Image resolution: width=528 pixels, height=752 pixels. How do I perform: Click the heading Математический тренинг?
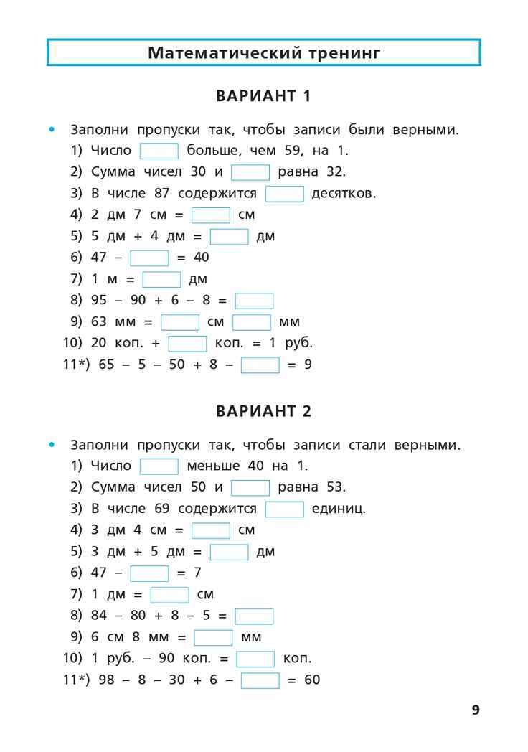pyautogui.click(x=263, y=53)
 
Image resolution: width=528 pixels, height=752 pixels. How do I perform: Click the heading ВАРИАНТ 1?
pyautogui.click(x=263, y=96)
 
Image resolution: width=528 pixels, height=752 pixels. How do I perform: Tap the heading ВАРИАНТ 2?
pyautogui.click(x=263, y=412)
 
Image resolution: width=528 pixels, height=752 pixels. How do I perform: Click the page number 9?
pyautogui.click(x=476, y=710)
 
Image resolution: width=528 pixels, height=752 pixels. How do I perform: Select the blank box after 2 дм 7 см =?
pyautogui.click(x=211, y=215)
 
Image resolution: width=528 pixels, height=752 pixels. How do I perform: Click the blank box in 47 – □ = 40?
pyautogui.click(x=149, y=258)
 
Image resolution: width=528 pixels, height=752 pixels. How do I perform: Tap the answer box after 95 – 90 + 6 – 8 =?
pyautogui.click(x=254, y=301)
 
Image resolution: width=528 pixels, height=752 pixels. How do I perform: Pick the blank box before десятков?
pyautogui.click(x=285, y=194)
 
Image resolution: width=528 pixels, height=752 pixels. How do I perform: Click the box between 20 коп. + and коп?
pyautogui.click(x=187, y=344)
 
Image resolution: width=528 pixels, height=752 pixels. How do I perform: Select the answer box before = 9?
pyautogui.click(x=260, y=365)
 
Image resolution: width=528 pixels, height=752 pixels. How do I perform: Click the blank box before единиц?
pyautogui.click(x=285, y=509)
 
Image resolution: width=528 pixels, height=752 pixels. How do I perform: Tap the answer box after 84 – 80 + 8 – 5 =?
pyautogui.click(x=254, y=616)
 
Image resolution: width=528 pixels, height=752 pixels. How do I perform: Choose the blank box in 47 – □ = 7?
pyautogui.click(x=149, y=573)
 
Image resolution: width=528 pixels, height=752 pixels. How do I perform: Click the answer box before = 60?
pyautogui.click(x=260, y=680)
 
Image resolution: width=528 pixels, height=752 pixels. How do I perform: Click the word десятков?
pyautogui.click(x=343, y=194)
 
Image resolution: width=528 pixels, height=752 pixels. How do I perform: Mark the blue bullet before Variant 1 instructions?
pyautogui.click(x=51, y=130)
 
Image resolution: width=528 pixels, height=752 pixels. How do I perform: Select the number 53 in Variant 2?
pyautogui.click(x=334, y=487)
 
